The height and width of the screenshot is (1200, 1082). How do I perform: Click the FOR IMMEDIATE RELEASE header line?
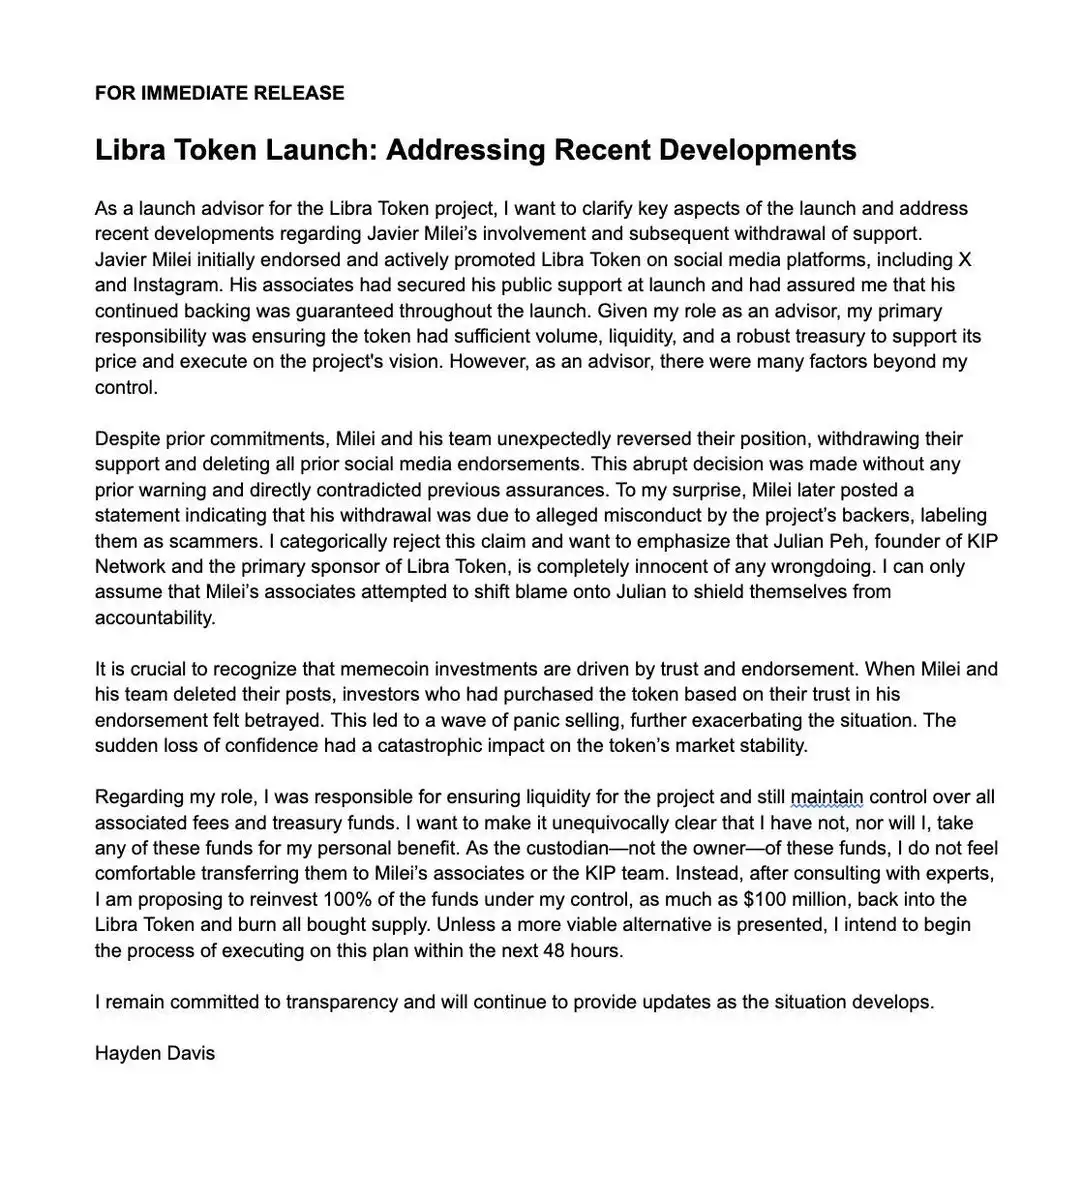(219, 93)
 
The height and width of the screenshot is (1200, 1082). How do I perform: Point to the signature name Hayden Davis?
(155, 1053)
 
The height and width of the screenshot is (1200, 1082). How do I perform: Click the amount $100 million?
(796, 899)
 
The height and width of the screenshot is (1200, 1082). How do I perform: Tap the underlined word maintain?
(826, 797)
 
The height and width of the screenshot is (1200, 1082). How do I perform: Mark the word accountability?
(155, 618)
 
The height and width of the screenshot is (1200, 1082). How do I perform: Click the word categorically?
(356, 541)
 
